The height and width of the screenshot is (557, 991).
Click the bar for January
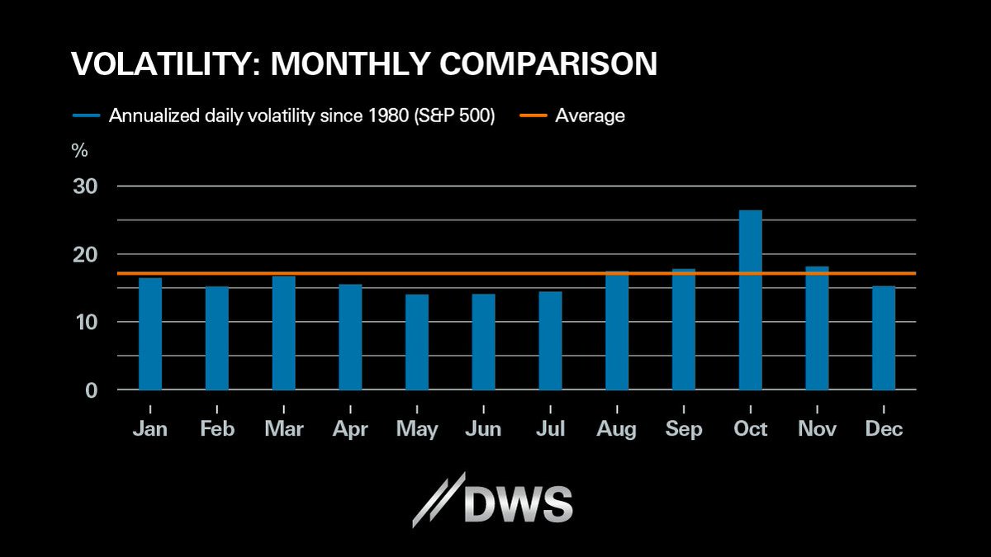point(150,333)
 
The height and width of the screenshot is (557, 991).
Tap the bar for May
point(417,342)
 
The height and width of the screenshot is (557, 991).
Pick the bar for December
point(884,338)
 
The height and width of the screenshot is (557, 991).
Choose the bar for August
point(617,330)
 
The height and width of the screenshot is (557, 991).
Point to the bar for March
point(283,333)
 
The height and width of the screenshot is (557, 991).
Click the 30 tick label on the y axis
point(86,186)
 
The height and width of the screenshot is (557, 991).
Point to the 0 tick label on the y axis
point(91,389)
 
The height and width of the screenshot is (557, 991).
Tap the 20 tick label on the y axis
point(86,254)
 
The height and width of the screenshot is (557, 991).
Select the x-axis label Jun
point(483,429)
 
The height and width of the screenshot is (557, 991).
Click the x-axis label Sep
point(684,429)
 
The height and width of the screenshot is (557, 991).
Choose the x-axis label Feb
point(216,429)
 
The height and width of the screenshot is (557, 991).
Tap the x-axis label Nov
point(816,429)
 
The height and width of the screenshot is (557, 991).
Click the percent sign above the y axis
point(80,151)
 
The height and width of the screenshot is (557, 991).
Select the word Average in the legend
point(590,116)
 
